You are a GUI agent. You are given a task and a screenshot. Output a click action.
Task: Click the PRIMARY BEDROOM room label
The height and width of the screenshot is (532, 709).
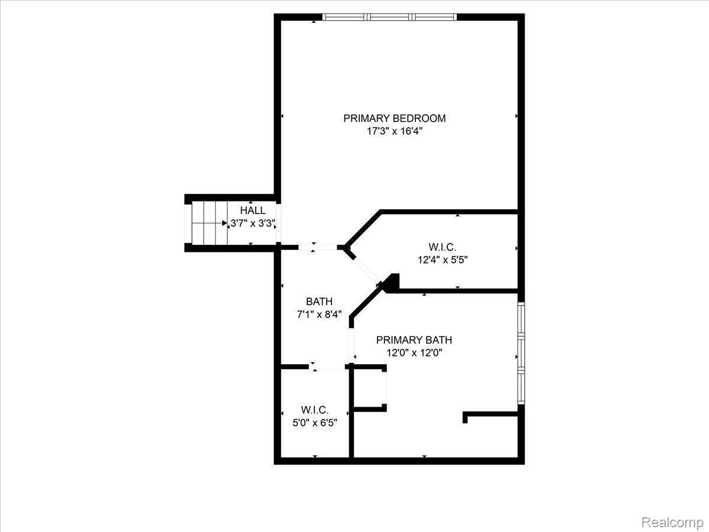coord(395,118)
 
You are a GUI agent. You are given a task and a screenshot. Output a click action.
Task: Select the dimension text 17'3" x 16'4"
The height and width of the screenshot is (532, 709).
coord(395,131)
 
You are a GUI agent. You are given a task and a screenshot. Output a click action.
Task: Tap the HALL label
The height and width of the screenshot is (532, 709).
coord(253,210)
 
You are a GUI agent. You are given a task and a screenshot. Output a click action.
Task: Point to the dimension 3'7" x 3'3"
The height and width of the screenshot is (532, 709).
coord(253,223)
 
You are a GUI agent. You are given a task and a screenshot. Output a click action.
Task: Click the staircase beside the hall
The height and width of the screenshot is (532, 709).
coord(209,223)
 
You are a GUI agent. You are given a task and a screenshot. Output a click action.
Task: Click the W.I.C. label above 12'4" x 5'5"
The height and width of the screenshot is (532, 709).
coord(442,247)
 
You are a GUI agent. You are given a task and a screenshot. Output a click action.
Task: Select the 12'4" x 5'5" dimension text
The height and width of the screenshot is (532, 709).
coord(443,259)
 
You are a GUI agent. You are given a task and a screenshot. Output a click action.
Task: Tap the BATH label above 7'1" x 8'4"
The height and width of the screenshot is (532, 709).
coord(319,301)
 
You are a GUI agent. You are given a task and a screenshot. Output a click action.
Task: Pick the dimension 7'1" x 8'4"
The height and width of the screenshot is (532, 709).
coord(319,314)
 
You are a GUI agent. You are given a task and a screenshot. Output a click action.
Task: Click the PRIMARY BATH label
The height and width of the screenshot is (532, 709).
coord(414,340)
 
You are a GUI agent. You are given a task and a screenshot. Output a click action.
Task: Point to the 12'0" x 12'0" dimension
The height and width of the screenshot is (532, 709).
coord(414,353)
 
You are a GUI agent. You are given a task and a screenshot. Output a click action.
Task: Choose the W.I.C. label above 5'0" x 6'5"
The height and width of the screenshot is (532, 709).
coord(314,410)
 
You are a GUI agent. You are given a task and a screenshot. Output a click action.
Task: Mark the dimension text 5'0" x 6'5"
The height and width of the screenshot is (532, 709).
coord(314,423)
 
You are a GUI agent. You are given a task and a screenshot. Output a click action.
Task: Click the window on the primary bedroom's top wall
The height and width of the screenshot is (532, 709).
coord(390,17)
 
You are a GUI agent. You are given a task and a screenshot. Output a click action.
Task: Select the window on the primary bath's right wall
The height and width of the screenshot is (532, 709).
coord(521,353)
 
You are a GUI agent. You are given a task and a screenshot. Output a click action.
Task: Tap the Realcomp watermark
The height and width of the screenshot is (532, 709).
coord(672,522)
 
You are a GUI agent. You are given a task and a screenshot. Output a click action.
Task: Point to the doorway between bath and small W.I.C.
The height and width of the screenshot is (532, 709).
coord(327,366)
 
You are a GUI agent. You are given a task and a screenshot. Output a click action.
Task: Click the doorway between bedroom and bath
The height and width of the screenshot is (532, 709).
coord(317,248)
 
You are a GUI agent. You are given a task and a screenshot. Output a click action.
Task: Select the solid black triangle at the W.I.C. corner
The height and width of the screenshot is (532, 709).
coord(392,283)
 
